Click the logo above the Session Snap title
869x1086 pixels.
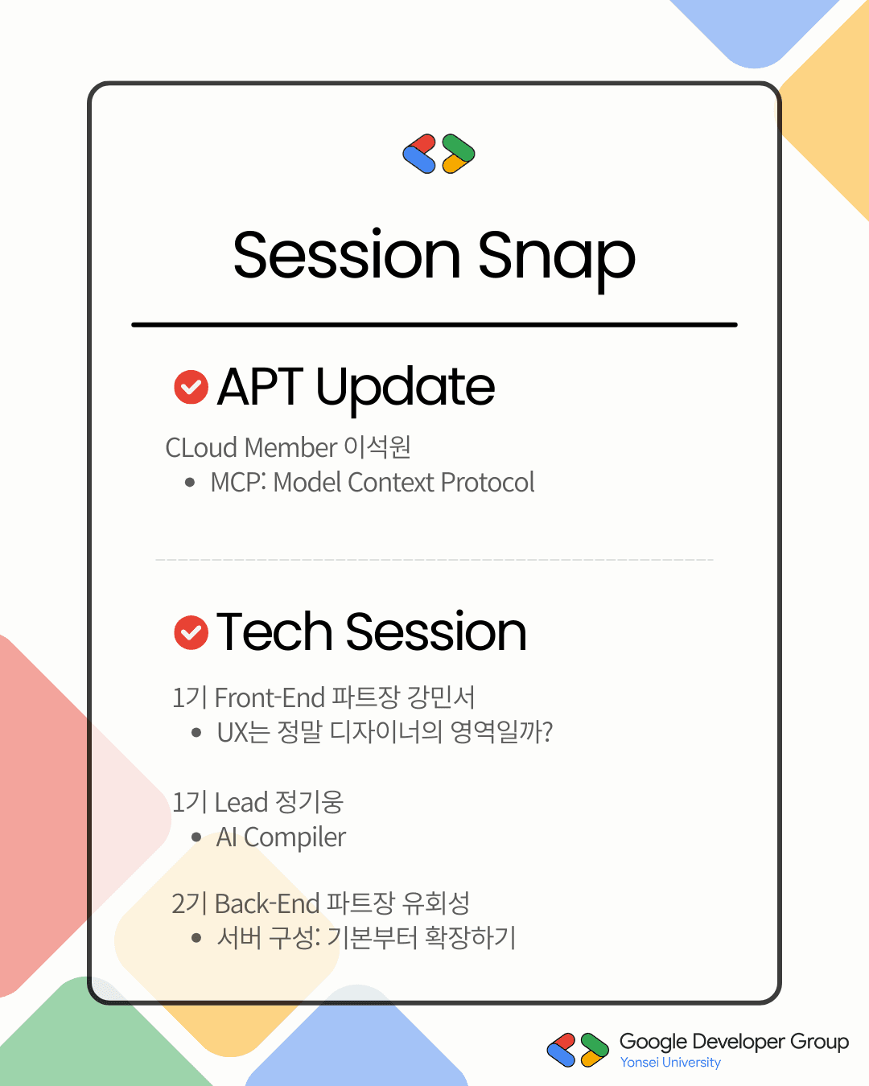tap(439, 154)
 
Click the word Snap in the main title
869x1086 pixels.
tap(557, 259)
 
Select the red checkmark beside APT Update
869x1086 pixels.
tap(191, 387)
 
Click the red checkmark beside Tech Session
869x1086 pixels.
tap(191, 632)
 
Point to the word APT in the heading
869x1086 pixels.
tap(260, 387)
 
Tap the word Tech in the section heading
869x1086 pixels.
tap(274, 631)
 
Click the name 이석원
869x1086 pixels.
tap(377, 447)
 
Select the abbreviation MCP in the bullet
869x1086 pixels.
tap(237, 482)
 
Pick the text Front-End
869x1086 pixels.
tap(270, 697)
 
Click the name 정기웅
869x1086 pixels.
tap(309, 802)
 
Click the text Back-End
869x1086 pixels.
tap(267, 903)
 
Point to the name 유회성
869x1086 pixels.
tap(436, 903)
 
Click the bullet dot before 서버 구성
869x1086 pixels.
tap(196, 938)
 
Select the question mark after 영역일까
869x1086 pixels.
tap(547, 732)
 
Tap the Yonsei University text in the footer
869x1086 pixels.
tap(670, 1063)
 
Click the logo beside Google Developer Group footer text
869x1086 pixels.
tap(578, 1050)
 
